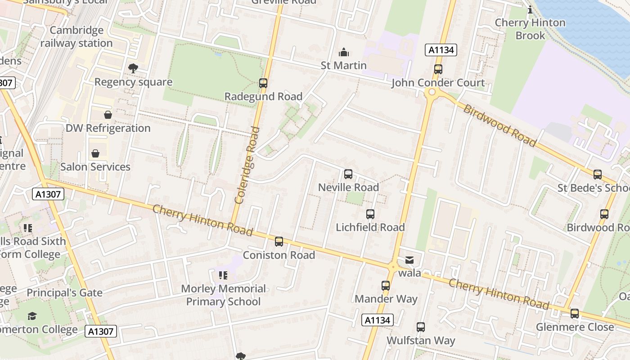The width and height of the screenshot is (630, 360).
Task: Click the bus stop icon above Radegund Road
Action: click(x=263, y=83)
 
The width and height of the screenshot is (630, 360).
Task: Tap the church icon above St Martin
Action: click(x=344, y=52)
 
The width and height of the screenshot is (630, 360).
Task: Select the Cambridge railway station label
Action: click(x=76, y=37)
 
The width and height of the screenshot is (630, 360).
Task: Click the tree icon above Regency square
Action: click(x=133, y=68)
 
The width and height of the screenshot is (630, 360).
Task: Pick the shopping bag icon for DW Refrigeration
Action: click(x=108, y=115)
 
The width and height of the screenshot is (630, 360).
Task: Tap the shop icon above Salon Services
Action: click(x=95, y=153)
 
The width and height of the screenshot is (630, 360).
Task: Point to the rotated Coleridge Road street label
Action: click(x=247, y=165)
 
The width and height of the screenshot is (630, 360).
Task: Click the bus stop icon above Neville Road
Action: click(x=348, y=174)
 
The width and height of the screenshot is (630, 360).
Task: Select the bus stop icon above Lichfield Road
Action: click(x=370, y=214)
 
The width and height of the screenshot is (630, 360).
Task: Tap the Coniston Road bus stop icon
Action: click(x=279, y=242)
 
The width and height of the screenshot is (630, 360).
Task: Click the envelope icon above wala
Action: click(x=409, y=260)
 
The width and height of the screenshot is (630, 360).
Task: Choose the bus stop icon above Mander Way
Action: click(x=386, y=286)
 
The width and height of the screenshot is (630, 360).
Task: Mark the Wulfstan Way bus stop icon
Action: click(x=421, y=327)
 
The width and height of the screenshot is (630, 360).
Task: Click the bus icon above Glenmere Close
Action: click(x=575, y=314)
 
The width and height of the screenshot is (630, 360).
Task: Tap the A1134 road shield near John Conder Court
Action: click(x=441, y=50)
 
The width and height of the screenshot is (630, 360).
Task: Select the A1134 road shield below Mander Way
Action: click(x=378, y=320)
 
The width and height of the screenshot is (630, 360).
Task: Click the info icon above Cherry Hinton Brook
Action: click(x=530, y=9)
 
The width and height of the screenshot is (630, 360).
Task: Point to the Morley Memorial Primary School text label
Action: click(x=223, y=295)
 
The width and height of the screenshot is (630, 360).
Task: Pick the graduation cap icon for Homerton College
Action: click(x=32, y=316)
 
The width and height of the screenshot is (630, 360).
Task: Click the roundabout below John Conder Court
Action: click(x=432, y=92)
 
